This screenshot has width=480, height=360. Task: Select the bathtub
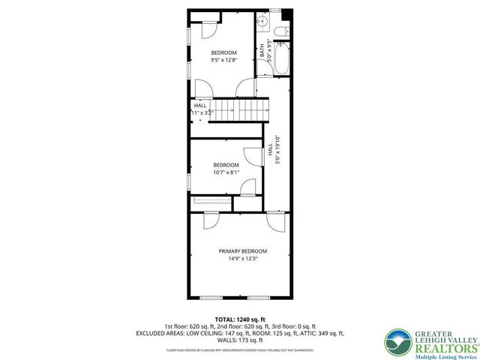point(282,61)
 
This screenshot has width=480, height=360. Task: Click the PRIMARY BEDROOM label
point(242,251)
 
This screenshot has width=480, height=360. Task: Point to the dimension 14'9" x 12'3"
point(242,259)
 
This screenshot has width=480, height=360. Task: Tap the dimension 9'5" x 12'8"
point(223,60)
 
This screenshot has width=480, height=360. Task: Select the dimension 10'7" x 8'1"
point(226,172)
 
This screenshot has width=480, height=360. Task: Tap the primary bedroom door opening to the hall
point(274,220)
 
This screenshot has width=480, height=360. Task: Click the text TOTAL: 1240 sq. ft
point(240,319)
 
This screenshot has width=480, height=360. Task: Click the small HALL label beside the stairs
point(200,106)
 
